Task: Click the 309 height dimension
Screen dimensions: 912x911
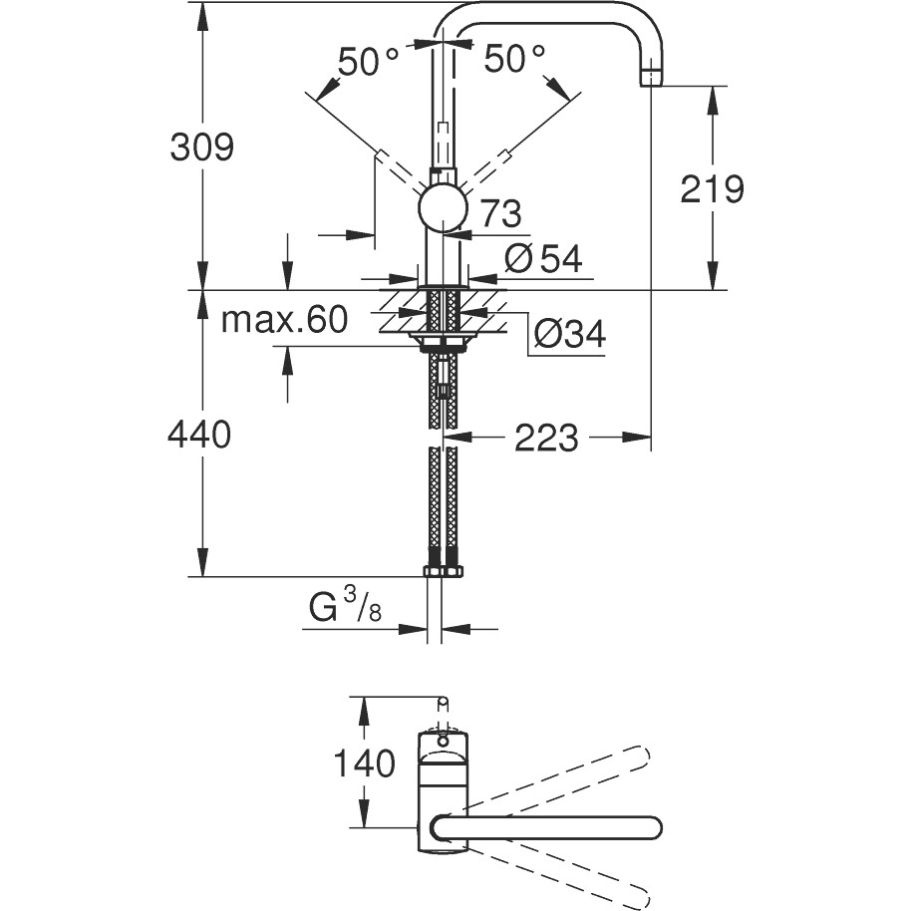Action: coord(201,147)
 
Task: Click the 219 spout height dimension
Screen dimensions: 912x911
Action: coord(712,189)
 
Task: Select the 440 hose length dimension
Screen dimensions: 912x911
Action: coord(199,434)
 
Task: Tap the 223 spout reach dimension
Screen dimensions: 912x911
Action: coord(546,438)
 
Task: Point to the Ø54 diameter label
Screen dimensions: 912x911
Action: coord(543,258)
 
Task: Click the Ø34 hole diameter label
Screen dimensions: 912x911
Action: coord(570,334)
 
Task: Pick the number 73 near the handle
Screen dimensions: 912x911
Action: coord(501,213)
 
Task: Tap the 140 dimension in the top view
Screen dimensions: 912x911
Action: coord(364,763)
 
